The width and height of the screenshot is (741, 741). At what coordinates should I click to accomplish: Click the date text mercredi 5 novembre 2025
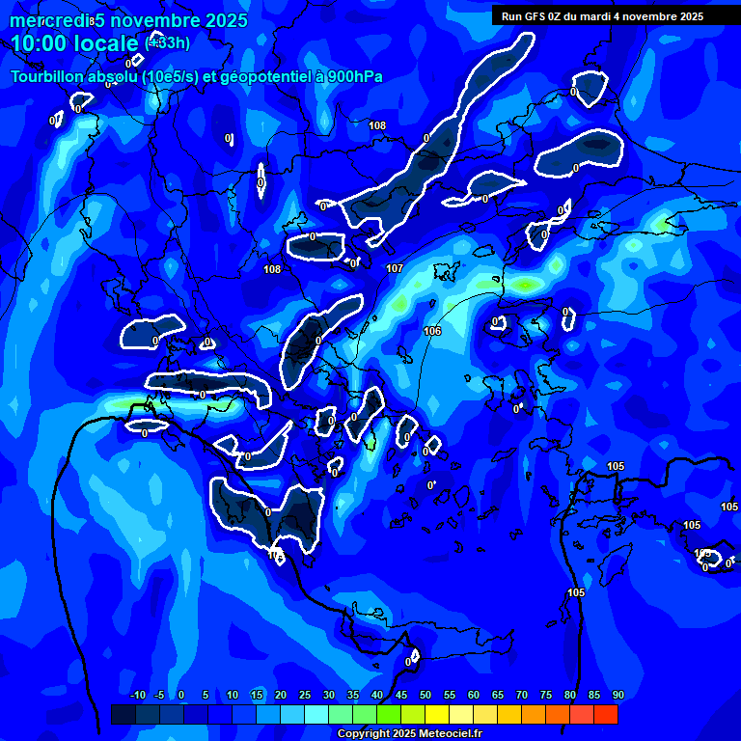pos(128,20)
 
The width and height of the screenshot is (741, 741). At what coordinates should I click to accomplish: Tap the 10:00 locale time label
pos(75,43)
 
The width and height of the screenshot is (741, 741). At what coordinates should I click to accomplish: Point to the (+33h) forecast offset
pos(167,42)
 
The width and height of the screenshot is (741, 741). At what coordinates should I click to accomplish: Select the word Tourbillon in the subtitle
pos(46,76)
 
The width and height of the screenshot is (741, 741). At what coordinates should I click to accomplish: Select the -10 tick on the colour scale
pos(136,696)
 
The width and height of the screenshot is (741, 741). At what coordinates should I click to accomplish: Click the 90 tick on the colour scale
pos(618,696)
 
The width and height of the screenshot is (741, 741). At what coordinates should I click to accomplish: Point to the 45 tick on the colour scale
pos(401,696)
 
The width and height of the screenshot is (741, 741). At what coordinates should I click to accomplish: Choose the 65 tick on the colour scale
pos(498,696)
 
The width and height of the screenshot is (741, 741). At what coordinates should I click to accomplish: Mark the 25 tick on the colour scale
pos(305,696)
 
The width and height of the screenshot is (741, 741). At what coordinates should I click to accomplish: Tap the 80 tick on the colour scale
pos(570,696)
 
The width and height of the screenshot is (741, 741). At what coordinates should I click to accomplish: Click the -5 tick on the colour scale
pos(160,696)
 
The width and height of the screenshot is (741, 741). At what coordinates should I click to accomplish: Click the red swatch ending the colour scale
pos(606,714)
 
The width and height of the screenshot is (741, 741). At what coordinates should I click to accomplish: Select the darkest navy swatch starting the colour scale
pos(123,714)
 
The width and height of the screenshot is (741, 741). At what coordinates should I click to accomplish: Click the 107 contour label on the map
pos(394,268)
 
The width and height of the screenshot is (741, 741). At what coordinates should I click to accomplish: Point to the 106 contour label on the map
pos(432,331)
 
